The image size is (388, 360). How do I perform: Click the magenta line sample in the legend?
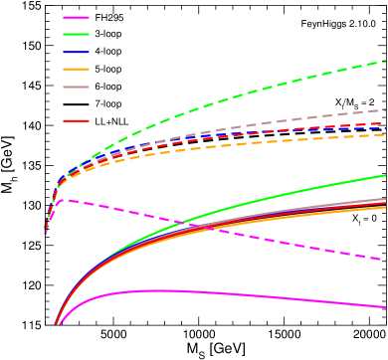click(x=76, y=17)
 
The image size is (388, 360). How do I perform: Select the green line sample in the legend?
click(x=76, y=34)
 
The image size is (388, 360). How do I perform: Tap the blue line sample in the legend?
click(x=76, y=52)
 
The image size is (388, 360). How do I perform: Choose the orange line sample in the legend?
click(x=76, y=69)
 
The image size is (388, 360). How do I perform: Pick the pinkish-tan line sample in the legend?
click(x=76, y=87)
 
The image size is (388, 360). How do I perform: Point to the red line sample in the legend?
click(x=76, y=120)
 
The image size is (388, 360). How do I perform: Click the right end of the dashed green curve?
click(x=385, y=61)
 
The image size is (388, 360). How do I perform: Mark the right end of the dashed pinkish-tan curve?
click(x=385, y=110)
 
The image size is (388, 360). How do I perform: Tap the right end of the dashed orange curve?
click(x=385, y=134)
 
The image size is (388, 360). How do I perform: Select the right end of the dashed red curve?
click(x=385, y=123)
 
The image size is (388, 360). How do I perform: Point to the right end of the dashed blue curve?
click(x=385, y=128)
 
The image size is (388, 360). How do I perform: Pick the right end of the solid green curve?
click(x=385, y=176)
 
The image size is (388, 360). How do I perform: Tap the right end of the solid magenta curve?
click(x=385, y=307)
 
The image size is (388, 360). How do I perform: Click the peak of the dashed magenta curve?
click(x=62, y=200)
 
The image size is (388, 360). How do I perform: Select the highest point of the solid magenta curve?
click(x=149, y=290)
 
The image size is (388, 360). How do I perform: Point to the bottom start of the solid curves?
click(x=56, y=325)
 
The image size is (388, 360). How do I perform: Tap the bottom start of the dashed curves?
click(x=45, y=235)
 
